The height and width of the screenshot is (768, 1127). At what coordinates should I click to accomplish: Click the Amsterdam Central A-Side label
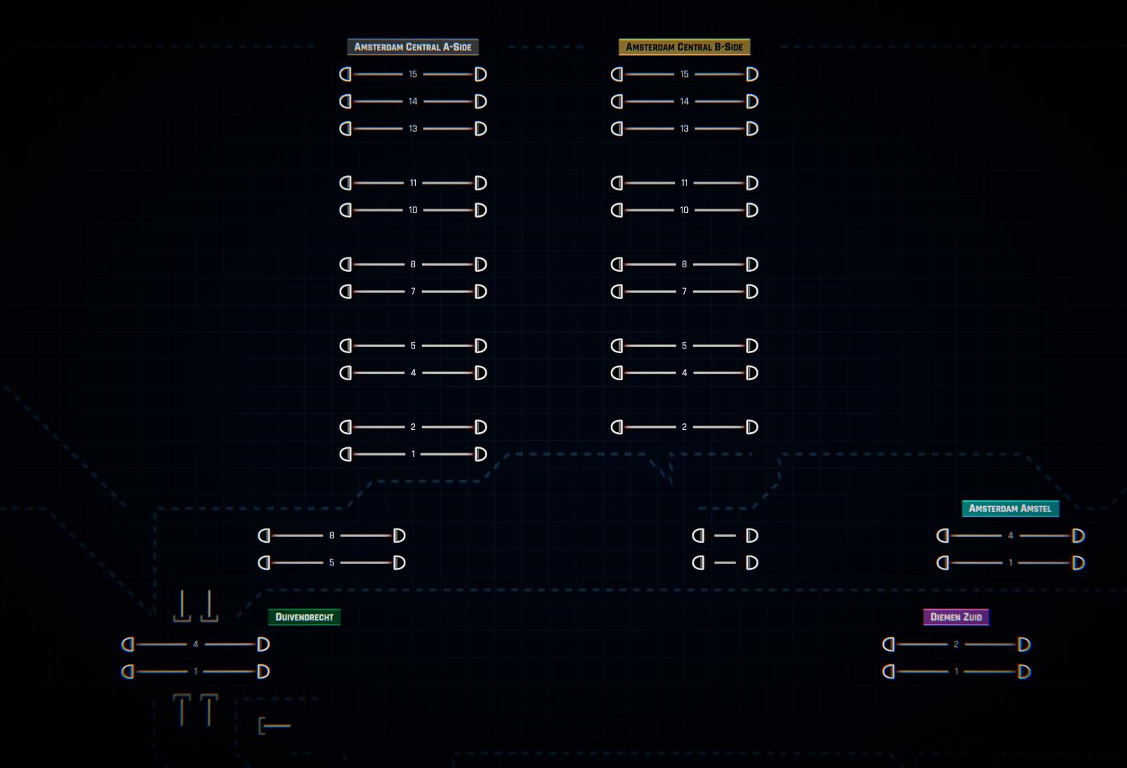[x=413, y=47]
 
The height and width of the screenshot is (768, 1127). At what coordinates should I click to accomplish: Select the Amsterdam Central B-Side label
[x=684, y=47]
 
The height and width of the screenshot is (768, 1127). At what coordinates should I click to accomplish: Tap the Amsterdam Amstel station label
[x=1010, y=508]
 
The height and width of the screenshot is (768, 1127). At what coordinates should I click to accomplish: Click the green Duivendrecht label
[x=304, y=617]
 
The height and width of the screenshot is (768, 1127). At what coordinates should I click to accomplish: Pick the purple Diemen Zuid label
[x=956, y=617]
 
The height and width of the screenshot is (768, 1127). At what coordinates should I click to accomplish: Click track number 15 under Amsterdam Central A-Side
[x=413, y=75]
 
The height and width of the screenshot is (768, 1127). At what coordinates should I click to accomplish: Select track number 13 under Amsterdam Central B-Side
[x=684, y=129]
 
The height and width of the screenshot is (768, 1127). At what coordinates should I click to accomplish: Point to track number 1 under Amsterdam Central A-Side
[x=413, y=454]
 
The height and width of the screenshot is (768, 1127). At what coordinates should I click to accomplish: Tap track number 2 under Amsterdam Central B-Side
[x=684, y=427]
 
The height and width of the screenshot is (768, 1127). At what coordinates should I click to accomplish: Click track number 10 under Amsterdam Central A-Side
[x=413, y=210]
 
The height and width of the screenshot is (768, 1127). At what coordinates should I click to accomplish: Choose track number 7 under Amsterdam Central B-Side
[x=684, y=291]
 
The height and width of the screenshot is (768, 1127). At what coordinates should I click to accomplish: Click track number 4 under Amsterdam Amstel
[x=1010, y=535]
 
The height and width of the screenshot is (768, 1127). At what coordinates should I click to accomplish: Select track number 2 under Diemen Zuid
[x=956, y=645]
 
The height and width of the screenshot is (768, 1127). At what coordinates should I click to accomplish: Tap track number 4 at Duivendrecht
[x=196, y=645]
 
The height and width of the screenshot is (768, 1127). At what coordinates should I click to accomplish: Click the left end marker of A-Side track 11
[x=346, y=183]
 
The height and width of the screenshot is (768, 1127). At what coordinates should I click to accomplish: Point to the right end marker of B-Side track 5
[x=752, y=346]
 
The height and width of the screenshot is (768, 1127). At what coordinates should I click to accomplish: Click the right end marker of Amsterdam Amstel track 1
[x=1078, y=562]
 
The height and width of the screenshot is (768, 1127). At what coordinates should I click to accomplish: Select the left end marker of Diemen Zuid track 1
[x=888, y=672]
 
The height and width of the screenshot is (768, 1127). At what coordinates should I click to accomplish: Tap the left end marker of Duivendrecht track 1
[x=128, y=672]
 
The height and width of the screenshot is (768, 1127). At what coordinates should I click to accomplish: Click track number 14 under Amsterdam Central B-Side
[x=684, y=102]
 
